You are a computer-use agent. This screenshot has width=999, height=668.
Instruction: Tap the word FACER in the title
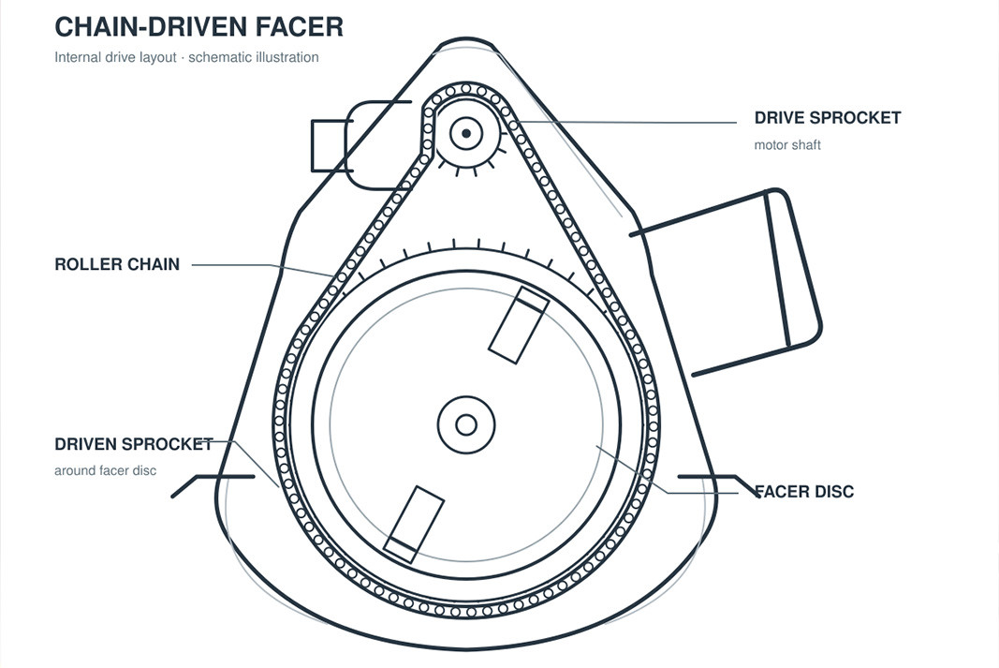point(300,27)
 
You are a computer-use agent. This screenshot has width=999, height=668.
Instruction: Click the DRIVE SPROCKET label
point(828,118)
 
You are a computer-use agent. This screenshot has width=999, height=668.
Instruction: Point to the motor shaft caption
point(787,145)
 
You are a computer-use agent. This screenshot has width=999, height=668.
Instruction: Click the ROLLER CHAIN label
point(117,264)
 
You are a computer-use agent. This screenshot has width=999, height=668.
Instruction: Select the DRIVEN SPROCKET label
point(134,444)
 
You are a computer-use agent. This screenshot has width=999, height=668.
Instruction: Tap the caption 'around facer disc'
point(105,471)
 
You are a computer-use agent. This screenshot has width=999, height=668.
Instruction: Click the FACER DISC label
point(804,492)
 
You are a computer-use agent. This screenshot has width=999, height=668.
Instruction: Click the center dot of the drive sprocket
point(466,133)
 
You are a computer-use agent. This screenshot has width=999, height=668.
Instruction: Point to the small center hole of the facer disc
point(466,424)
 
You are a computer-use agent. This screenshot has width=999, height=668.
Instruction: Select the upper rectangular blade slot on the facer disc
point(519,325)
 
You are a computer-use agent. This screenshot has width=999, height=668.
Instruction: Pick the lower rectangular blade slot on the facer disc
point(414,525)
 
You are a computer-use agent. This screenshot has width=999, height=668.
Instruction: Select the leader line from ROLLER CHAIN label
point(262,268)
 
